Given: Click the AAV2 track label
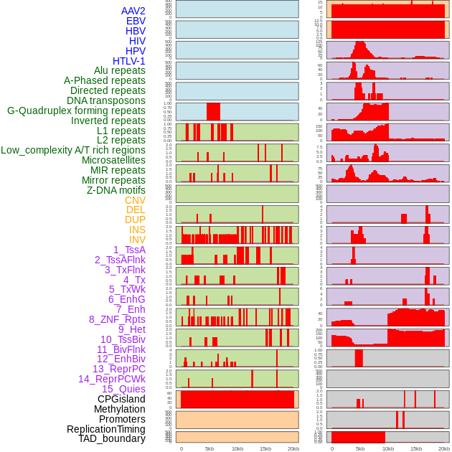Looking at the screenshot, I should (x=133, y=11).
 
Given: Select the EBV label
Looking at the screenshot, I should (x=136, y=21).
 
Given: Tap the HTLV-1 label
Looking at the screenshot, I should (x=129, y=61).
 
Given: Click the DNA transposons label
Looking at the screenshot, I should (x=106, y=100).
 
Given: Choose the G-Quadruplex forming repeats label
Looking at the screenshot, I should (x=76, y=110).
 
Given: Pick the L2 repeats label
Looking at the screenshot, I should (x=121, y=140).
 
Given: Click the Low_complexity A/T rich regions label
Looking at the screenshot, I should (x=73, y=150).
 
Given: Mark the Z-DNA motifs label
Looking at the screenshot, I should (x=116, y=190).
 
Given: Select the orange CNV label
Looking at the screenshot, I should (x=135, y=200).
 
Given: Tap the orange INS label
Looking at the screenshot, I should (x=137, y=230).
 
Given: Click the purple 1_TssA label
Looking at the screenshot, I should (x=129, y=250).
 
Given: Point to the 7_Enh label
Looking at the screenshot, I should (x=131, y=309).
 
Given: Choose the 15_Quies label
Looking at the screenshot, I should (x=123, y=389).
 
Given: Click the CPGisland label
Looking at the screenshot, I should (x=121, y=399).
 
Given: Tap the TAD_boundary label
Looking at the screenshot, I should (x=112, y=438).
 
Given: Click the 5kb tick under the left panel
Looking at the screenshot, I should (x=209, y=448).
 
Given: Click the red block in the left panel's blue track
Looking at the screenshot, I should (x=213, y=112).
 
